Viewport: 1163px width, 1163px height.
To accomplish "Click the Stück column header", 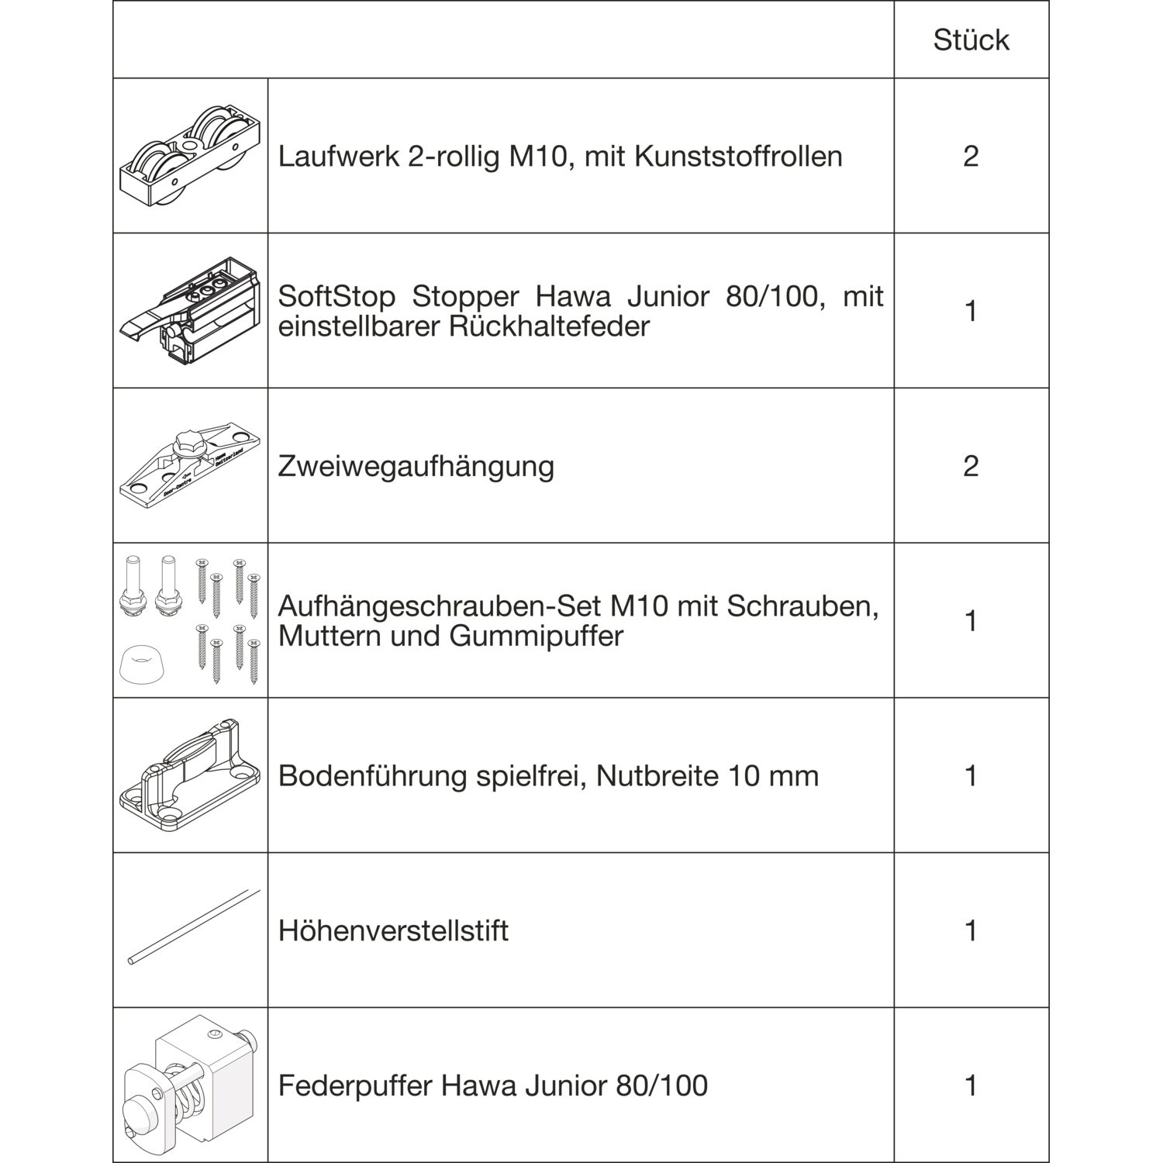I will coord(971,40).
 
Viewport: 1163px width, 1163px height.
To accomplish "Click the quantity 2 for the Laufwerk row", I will coord(971,156).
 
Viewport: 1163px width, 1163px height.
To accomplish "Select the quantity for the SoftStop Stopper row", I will coord(971,311).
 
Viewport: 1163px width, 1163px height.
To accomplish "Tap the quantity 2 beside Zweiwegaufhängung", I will coord(971,466).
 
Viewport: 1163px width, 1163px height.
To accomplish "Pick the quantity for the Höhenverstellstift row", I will coord(971,930).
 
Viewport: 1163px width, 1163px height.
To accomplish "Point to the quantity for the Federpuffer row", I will coord(971,1085).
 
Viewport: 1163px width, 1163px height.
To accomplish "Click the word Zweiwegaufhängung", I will coord(416,467).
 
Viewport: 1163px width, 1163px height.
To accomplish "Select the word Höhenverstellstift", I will coord(393,930).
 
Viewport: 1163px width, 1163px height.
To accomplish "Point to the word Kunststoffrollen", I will coord(738,157).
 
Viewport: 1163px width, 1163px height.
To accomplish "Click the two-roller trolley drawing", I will coord(190,155).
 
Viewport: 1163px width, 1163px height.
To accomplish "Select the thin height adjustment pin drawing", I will coord(193,927).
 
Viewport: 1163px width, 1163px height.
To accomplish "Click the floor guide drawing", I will coord(191,775).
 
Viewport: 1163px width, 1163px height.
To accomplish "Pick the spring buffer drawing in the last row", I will coord(190,1085).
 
